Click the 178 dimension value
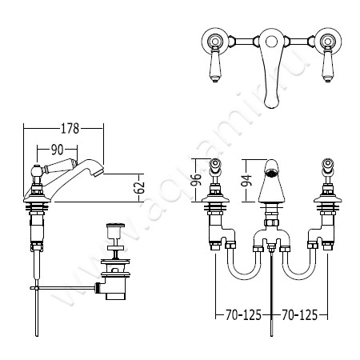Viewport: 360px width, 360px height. [x=70, y=129]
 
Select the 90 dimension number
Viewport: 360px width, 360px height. [x=57, y=150]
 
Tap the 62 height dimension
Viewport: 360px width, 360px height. [x=139, y=187]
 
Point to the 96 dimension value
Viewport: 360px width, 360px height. [x=196, y=180]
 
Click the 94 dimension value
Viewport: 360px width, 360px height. [x=246, y=181]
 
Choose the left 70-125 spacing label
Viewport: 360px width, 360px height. [x=243, y=315]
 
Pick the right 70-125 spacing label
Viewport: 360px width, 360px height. [x=299, y=315]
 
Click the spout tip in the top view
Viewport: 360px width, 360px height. [x=271, y=105]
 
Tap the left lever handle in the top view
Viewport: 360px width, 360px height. [x=214, y=64]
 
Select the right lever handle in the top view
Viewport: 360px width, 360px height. [x=327, y=64]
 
